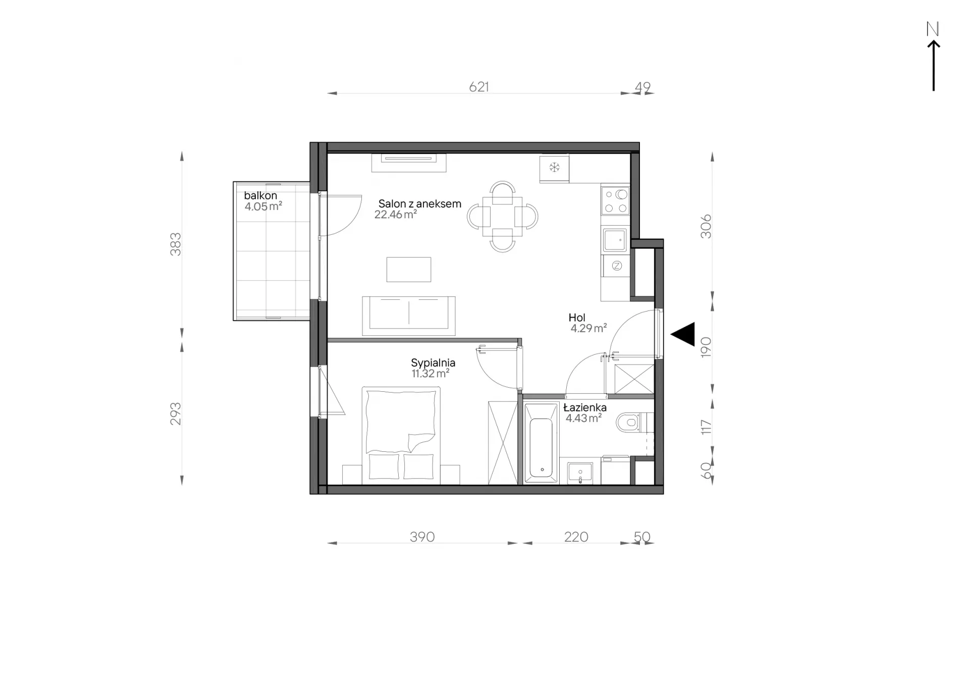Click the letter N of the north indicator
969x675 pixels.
coord(933,29)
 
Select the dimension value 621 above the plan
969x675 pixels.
coord(479,87)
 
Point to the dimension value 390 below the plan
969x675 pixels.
coord(422,537)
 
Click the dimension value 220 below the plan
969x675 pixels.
coord(576,537)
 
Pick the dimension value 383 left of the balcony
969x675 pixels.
coord(175,244)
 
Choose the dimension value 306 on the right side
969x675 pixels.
coord(706,227)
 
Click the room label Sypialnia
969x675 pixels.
coord(433,363)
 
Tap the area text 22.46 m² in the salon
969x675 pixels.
coord(396,215)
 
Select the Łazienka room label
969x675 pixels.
coord(585,407)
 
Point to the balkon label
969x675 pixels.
coord(260,195)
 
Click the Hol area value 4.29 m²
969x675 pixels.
coord(588,328)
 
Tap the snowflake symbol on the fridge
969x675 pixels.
coord(555,167)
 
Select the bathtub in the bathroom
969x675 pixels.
coord(542,442)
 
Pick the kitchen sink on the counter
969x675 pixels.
coord(615,240)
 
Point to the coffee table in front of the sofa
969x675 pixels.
coord(409,270)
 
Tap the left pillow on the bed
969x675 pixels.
coord(384,466)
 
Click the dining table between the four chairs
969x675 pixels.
coord(503,217)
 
